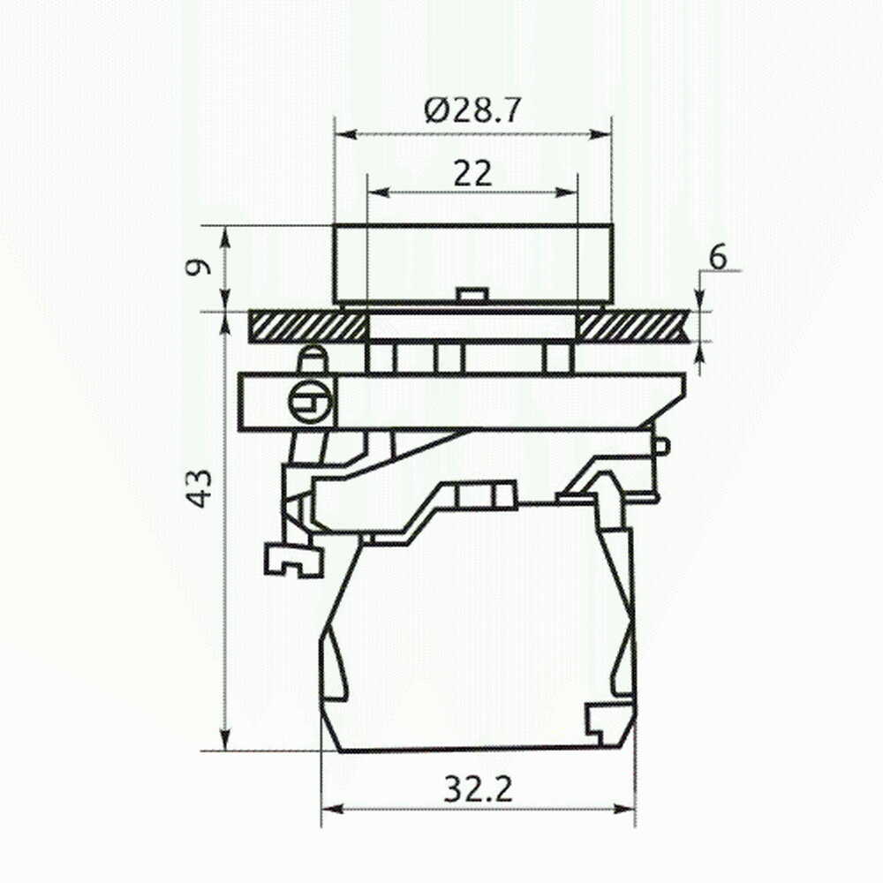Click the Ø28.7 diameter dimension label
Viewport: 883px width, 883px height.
coord(472,110)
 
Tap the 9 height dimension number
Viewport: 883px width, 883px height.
coord(198,267)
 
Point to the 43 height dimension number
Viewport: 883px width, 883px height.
coord(199,488)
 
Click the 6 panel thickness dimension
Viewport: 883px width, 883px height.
coord(718,258)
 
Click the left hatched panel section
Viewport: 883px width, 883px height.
coord(307,327)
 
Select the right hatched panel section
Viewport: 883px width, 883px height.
coord(635,327)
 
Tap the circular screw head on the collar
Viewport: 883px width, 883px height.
coord(310,402)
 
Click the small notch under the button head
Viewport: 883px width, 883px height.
coord(472,295)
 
